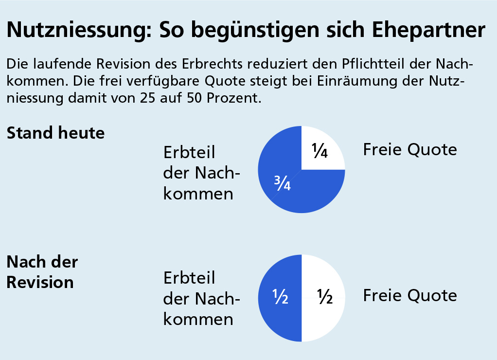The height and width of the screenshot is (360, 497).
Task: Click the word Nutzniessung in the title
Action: click(x=73, y=30)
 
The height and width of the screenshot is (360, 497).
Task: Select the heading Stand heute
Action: click(x=55, y=133)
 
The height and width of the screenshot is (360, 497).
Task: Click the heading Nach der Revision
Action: click(x=42, y=272)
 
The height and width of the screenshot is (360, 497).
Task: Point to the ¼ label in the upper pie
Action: click(x=319, y=152)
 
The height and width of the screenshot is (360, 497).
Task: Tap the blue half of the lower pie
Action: click(x=275, y=316)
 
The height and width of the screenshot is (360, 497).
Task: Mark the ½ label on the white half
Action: click(x=324, y=297)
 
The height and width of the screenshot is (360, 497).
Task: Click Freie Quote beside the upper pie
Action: click(x=409, y=150)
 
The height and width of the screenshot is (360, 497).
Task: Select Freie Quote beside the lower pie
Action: click(x=409, y=295)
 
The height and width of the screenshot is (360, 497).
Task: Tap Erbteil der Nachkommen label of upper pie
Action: click(x=202, y=173)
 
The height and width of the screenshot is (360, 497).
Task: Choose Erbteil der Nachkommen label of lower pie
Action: click(x=202, y=299)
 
